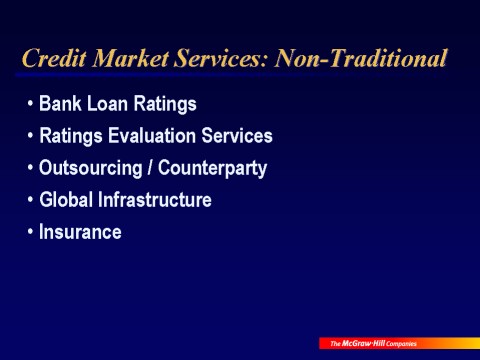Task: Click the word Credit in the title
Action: (x=54, y=58)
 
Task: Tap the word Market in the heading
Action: (x=131, y=58)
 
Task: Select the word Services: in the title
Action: (x=221, y=58)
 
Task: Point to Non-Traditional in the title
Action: (x=360, y=58)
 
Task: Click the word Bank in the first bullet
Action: (x=60, y=103)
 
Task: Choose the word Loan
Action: (x=107, y=103)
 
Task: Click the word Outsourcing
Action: (x=91, y=168)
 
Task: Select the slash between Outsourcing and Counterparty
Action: (x=150, y=167)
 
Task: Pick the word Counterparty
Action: (x=212, y=168)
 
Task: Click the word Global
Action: (x=66, y=200)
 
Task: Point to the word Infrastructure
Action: (x=155, y=200)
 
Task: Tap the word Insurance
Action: (x=80, y=232)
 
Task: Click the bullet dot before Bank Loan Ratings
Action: (x=31, y=104)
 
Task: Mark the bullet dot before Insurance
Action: (x=31, y=232)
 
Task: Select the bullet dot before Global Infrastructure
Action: (x=31, y=200)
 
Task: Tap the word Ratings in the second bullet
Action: (x=71, y=137)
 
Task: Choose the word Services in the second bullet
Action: (x=237, y=136)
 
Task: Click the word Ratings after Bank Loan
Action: (x=165, y=104)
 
